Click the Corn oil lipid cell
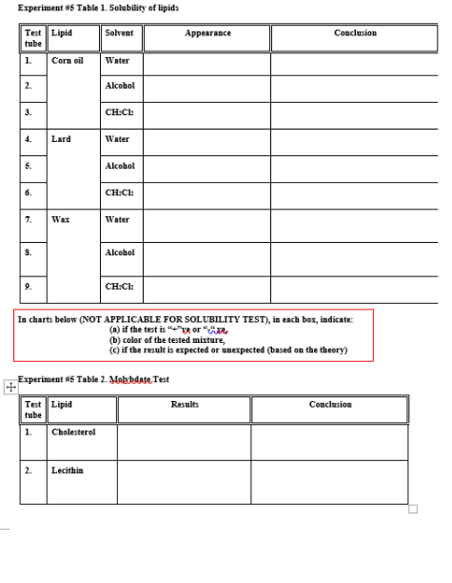(68, 60)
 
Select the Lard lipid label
(61, 139)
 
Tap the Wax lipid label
(60, 219)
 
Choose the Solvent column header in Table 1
(119, 32)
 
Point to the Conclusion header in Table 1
(355, 32)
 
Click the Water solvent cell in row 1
(118, 60)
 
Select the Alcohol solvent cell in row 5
(120, 165)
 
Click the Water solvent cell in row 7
(118, 219)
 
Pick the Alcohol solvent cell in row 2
(120, 85)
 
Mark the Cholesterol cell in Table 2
(73, 432)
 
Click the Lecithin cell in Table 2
(68, 470)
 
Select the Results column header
(184, 405)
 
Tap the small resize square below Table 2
(413, 508)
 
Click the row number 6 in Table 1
(29, 192)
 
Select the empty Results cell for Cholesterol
(184, 441)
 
